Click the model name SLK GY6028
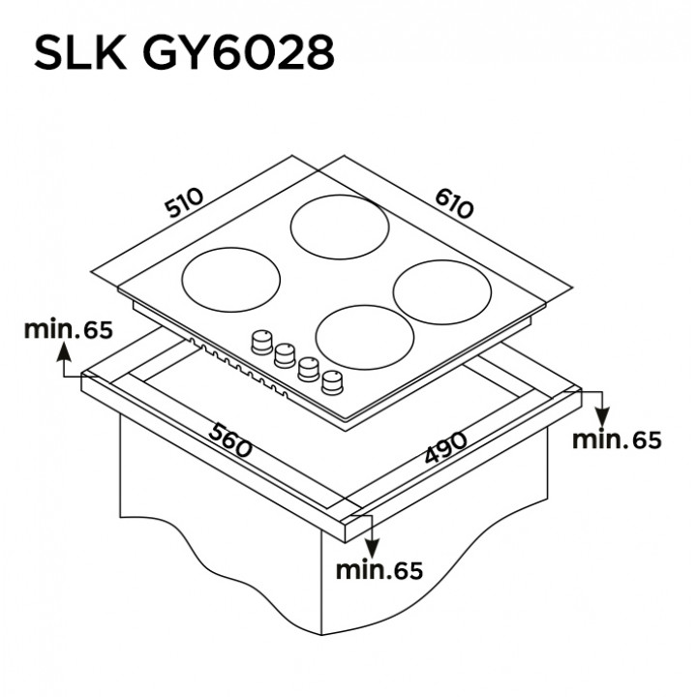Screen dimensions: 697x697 pyautogui.click(x=184, y=53)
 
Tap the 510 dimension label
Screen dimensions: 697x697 pyautogui.click(x=184, y=202)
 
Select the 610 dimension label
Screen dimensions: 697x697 pyautogui.click(x=454, y=203)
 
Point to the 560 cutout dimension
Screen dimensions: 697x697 pyautogui.click(x=230, y=440)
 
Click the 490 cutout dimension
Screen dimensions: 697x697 pyautogui.click(x=445, y=447)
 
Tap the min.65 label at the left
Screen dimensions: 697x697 pyautogui.click(x=69, y=329)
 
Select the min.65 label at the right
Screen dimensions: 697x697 pyautogui.click(x=617, y=439)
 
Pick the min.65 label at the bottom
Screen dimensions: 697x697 pyautogui.click(x=379, y=570)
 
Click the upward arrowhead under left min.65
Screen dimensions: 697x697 pyautogui.click(x=64, y=352)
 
